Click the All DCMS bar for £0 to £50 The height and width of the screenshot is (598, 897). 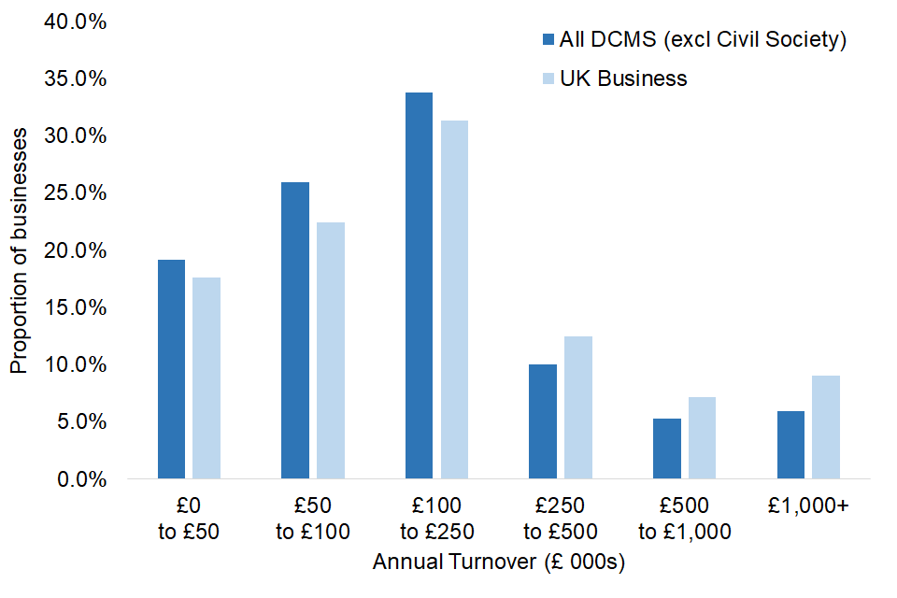(x=171, y=369)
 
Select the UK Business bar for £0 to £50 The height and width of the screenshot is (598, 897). (x=206, y=378)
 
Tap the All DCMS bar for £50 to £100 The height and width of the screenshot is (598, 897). (x=294, y=331)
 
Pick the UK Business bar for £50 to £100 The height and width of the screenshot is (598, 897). (x=330, y=350)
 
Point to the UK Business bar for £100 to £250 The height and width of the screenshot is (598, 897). (x=454, y=300)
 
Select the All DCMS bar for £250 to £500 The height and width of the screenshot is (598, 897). (x=542, y=421)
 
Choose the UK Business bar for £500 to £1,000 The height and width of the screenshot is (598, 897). (x=701, y=438)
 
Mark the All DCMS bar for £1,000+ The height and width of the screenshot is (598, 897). (x=790, y=445)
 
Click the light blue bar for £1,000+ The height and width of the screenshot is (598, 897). (x=825, y=427)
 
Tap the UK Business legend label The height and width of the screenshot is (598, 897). (x=623, y=78)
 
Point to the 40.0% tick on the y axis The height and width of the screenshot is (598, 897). (x=76, y=21)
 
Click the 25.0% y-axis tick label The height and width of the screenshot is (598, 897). (x=76, y=193)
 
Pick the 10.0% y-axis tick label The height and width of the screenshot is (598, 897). (x=76, y=364)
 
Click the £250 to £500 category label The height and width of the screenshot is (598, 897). (x=561, y=520)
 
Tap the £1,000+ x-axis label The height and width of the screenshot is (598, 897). (x=808, y=506)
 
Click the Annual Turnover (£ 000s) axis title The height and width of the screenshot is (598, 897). (x=498, y=563)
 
